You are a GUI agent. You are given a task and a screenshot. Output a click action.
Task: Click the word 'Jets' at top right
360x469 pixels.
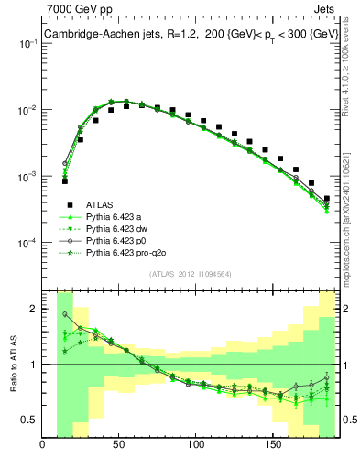click(325, 10)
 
